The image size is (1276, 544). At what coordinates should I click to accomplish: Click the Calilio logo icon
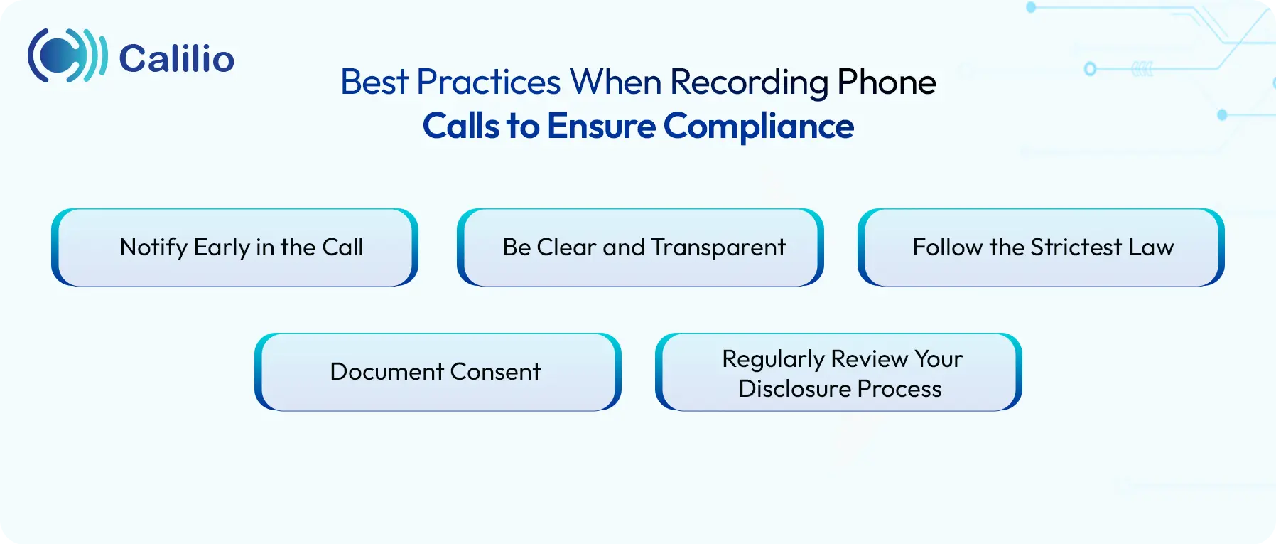(x=67, y=56)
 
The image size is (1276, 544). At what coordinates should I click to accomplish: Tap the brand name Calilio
(x=176, y=58)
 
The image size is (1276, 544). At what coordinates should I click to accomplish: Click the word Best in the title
(x=374, y=82)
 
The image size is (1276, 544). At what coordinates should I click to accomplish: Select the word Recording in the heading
(x=749, y=82)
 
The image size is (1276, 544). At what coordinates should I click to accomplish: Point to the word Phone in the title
(x=886, y=82)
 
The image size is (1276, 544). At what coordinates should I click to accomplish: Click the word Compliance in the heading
(x=758, y=127)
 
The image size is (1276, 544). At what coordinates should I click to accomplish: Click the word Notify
(x=153, y=247)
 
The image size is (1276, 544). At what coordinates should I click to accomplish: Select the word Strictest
(x=1076, y=247)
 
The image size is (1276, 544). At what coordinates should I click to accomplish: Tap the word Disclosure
(x=794, y=389)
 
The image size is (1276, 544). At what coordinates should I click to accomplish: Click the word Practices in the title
(x=489, y=82)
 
